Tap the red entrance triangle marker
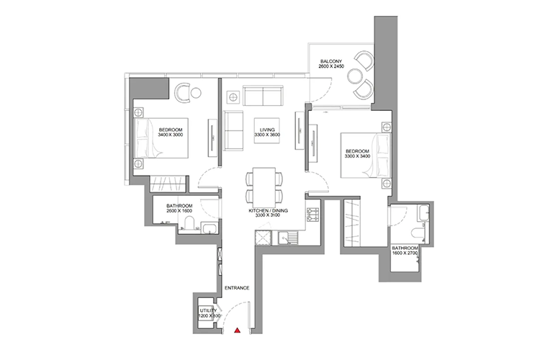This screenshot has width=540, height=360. click(x=238, y=331)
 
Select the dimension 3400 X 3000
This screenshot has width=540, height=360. click(x=171, y=135)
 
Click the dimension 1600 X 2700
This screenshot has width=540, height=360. click(x=405, y=254)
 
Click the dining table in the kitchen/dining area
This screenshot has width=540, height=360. click(x=264, y=186)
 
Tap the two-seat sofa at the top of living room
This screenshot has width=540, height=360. click(x=263, y=96)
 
